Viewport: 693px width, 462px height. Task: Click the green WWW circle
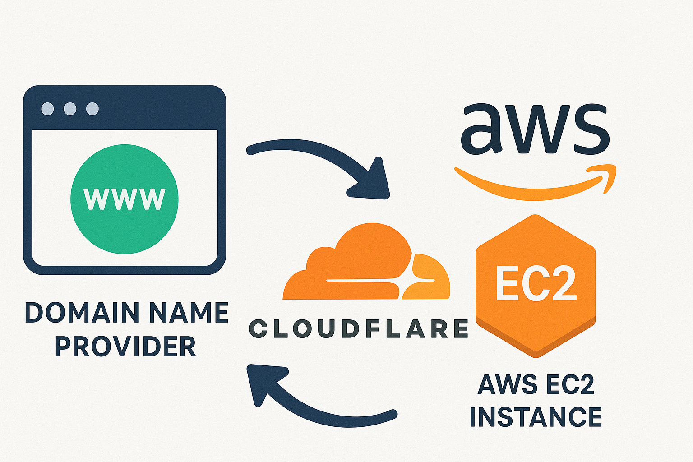pos(125,199)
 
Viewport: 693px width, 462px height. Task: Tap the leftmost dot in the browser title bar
pos(47,109)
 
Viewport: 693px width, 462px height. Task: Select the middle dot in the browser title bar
pos(70,109)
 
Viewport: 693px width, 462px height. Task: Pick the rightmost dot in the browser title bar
pos(92,109)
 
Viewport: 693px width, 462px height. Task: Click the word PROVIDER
pos(125,346)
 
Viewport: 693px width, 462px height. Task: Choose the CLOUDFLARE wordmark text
pos(359,329)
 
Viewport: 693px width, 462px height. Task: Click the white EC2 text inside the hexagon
pos(536,284)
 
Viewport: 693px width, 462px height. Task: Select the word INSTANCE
pos(536,417)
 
